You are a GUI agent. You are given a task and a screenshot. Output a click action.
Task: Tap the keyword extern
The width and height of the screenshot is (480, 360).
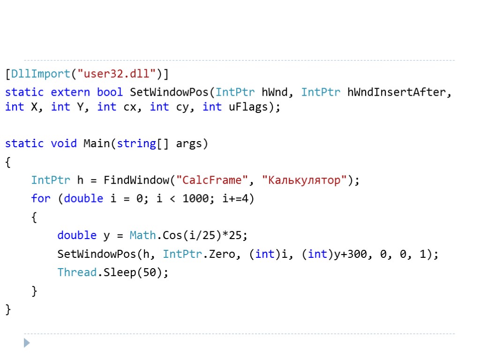[70, 92]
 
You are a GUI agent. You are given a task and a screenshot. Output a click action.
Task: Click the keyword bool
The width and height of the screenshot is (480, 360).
[110, 92]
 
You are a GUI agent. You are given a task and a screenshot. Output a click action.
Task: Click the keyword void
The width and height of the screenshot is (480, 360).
[63, 143]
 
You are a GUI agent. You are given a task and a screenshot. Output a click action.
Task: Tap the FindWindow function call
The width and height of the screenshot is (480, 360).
[136, 180]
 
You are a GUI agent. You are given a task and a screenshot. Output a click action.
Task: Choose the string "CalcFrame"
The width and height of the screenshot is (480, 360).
[214, 180]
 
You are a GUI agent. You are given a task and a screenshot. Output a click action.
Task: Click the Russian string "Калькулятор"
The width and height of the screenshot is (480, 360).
[304, 180]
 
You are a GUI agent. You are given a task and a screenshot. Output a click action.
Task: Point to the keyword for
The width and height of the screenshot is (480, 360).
[40, 198]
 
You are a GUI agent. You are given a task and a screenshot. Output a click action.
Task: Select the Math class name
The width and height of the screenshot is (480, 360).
[142, 235]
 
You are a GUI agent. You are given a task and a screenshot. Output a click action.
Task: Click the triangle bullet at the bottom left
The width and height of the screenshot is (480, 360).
[27, 343]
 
